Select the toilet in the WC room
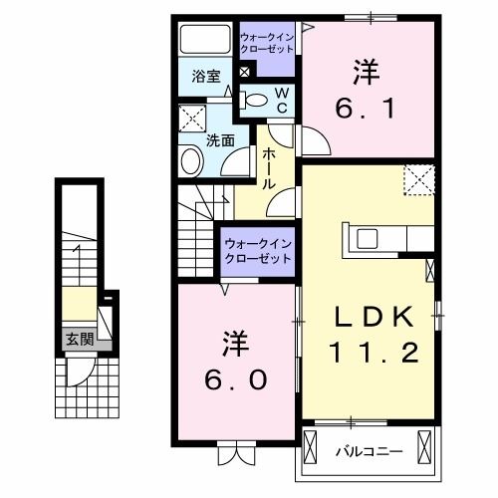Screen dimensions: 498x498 (257, 99)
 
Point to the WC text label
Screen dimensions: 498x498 (282, 98)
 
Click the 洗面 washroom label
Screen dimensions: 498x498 (220, 140)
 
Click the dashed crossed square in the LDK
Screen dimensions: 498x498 (418, 181)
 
